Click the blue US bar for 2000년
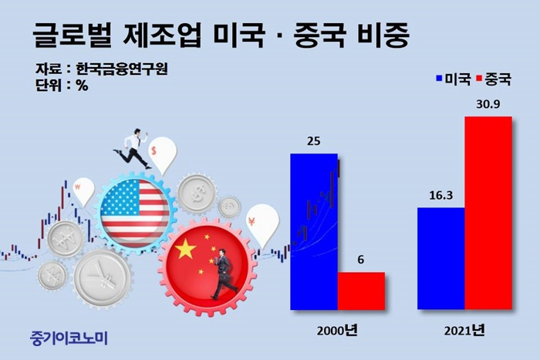click(314, 231)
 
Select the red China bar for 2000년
click(361, 291)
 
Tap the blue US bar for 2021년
click(441, 258)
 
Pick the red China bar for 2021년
click(488, 213)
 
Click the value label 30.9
click(488, 104)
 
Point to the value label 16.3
click(440, 196)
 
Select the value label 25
click(313, 141)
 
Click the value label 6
click(360, 260)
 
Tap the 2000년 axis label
click(337, 331)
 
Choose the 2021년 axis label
click(464, 331)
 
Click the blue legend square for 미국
click(439, 78)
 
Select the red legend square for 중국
click(479, 78)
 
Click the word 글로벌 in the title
click(73, 35)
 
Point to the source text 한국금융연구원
click(122, 69)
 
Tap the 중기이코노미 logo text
click(69, 338)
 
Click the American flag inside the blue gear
click(135, 210)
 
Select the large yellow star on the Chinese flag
click(185, 248)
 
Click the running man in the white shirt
click(133, 148)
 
